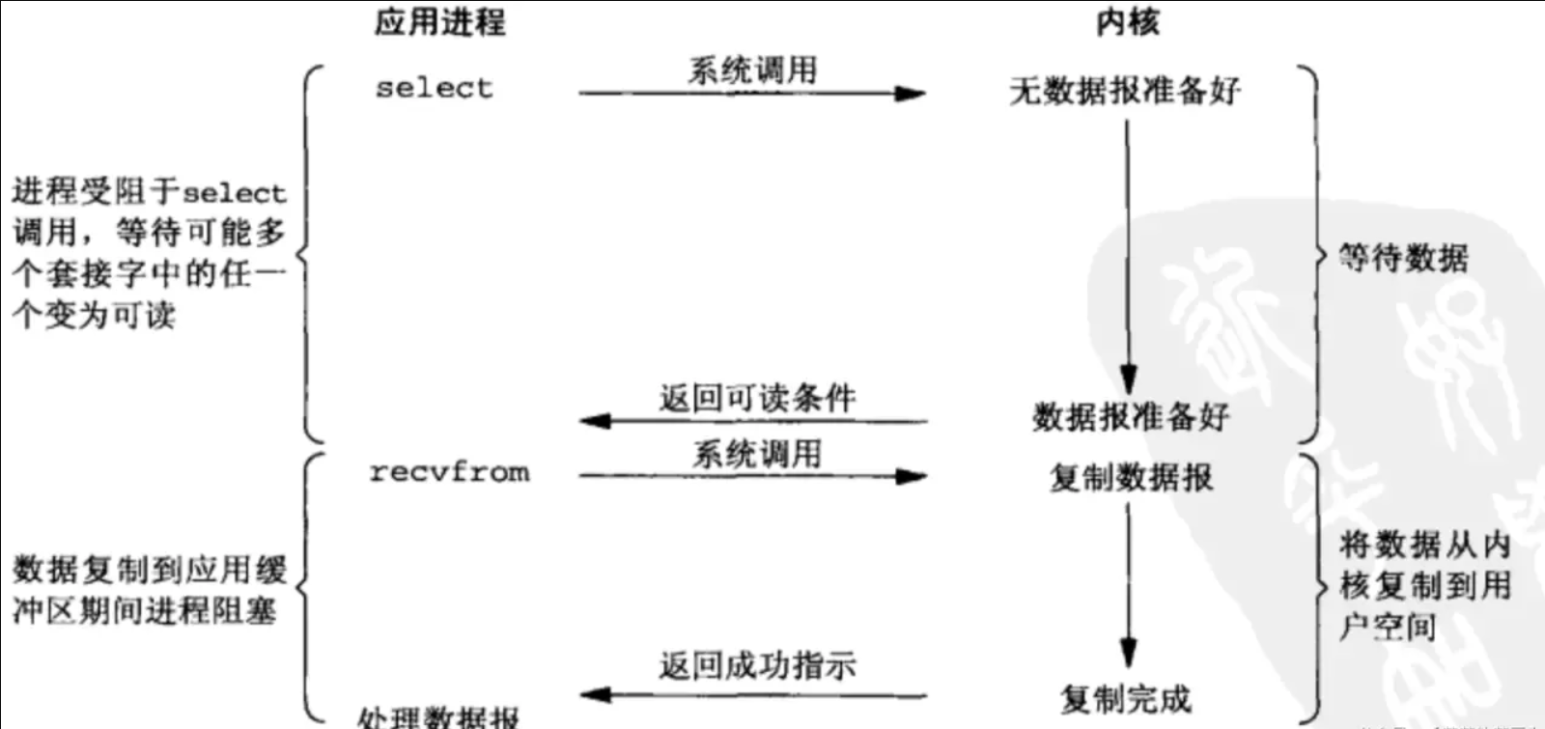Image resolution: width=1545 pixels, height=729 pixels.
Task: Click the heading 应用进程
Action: point(439,21)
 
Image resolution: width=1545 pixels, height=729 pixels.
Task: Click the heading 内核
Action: point(1127,21)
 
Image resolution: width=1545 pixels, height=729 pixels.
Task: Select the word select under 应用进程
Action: point(434,88)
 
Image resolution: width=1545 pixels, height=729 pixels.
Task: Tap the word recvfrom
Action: point(449,472)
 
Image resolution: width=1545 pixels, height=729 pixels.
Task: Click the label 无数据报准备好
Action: point(1125,92)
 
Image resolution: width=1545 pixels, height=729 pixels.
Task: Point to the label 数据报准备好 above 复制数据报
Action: point(1131,417)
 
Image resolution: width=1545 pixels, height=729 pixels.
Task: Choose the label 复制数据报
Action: point(1131,477)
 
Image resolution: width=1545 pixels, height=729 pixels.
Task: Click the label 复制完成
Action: point(1126,698)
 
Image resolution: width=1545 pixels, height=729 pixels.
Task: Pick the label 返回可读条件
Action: point(757,398)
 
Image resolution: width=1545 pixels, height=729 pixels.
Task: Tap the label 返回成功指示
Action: point(757,665)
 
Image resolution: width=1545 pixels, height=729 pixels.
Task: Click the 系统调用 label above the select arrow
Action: point(752,70)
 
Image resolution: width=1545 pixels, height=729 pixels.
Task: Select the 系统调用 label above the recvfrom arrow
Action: point(756,454)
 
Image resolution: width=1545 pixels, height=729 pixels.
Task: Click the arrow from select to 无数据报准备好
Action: point(752,94)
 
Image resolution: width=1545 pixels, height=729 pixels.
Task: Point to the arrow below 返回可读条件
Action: point(753,421)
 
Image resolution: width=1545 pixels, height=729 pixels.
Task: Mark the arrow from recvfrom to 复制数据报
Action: point(752,476)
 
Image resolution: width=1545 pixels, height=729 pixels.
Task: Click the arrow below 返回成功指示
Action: point(753,694)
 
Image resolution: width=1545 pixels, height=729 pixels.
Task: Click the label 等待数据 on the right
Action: point(1403,258)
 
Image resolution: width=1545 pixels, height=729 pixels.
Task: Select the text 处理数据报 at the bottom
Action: point(437,717)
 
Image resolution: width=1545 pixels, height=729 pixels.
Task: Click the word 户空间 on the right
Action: point(1388,627)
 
